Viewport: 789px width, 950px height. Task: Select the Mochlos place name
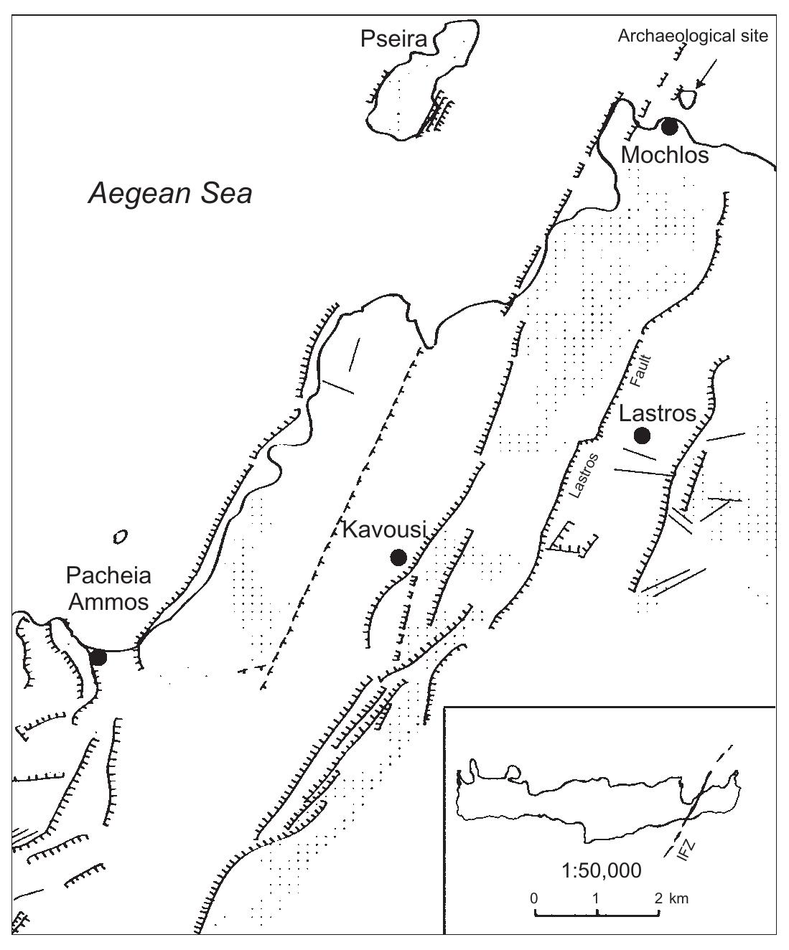664,154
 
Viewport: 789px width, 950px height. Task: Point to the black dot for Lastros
642,435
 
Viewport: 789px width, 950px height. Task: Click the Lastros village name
658,413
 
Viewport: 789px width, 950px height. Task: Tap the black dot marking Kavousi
398,557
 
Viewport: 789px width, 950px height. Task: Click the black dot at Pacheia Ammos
98,657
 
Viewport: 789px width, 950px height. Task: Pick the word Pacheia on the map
108,576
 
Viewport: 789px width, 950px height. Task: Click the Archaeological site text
693,36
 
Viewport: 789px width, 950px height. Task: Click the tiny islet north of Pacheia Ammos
120,536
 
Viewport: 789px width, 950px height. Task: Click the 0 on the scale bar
534,898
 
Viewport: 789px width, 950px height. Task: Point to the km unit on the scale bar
680,898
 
